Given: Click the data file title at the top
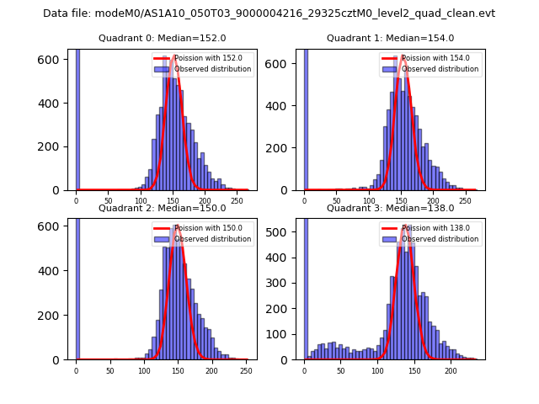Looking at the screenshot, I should [269, 13].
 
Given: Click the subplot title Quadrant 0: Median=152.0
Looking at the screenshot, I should [163, 38].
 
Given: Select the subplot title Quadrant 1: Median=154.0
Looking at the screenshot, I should [390, 38].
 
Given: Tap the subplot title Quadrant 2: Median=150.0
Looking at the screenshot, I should [163, 208].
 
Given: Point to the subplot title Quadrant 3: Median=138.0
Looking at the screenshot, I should [390, 208].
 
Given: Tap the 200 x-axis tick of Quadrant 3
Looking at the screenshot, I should [451, 370].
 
